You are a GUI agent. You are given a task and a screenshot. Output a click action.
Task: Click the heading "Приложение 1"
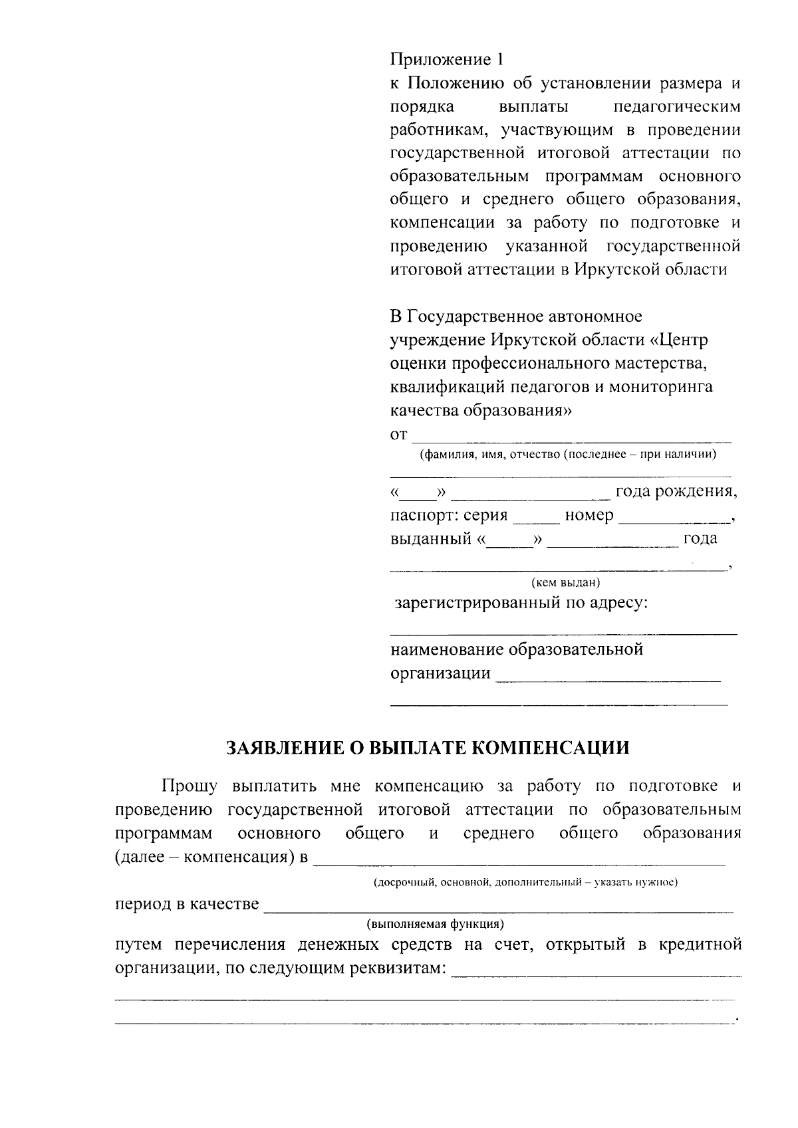tap(446, 60)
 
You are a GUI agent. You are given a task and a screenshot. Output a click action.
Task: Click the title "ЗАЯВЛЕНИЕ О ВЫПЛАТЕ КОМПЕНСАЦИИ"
tap(428, 748)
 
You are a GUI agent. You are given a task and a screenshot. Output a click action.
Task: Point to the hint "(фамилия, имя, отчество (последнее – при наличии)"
tap(567, 455)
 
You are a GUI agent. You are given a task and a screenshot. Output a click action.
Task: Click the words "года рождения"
tap(676, 492)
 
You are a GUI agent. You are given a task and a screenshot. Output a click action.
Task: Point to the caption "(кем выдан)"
tap(565, 583)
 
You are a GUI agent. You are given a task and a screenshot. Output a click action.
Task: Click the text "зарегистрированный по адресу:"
tap(522, 604)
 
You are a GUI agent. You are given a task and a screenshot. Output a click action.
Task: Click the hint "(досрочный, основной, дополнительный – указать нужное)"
tap(524, 883)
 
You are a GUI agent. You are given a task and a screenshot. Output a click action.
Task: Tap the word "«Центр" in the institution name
tap(678, 340)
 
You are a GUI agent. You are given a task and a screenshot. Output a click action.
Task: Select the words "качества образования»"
tap(481, 411)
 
